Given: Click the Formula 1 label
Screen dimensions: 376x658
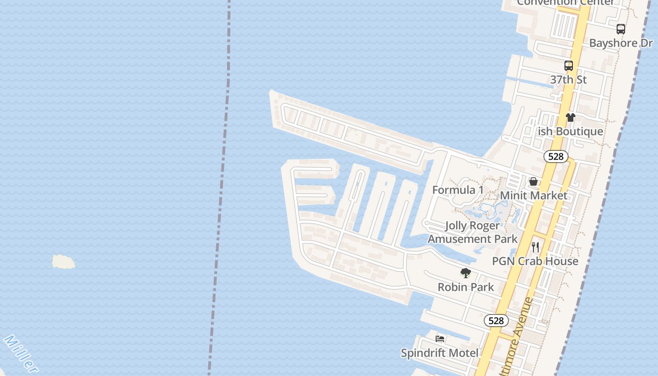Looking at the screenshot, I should click(x=458, y=190).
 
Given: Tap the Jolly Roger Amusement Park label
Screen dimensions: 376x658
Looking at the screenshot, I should click(x=472, y=232).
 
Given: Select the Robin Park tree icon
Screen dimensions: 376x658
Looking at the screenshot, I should click(x=466, y=273).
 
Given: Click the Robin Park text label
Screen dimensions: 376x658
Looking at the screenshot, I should click(x=466, y=287).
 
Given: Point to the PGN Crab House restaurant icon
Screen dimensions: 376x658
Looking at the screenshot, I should click(x=535, y=247).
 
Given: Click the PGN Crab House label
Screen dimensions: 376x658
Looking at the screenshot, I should click(x=535, y=261).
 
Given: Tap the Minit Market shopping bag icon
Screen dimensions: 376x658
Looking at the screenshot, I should click(x=533, y=181).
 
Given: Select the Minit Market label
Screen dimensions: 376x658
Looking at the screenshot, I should click(x=533, y=195).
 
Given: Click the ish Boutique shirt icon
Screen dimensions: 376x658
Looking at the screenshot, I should click(x=571, y=117).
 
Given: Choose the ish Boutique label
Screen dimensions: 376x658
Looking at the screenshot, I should click(x=571, y=131).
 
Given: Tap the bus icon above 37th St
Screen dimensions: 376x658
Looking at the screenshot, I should click(x=569, y=66).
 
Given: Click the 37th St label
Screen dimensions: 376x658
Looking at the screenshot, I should click(x=569, y=79).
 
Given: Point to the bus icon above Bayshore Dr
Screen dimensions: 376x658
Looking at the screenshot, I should click(x=621, y=29).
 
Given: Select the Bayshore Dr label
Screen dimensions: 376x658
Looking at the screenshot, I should click(x=621, y=43).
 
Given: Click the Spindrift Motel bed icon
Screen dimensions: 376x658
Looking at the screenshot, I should click(x=440, y=338).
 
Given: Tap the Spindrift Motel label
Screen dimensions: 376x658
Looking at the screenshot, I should click(x=440, y=352).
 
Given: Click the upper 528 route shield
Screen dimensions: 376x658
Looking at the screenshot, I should click(x=556, y=157).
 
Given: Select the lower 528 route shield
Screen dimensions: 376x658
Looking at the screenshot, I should click(x=496, y=321).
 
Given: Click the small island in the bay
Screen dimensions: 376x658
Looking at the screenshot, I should click(x=63, y=262).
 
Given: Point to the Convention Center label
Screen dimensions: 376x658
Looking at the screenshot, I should click(x=565, y=2).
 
